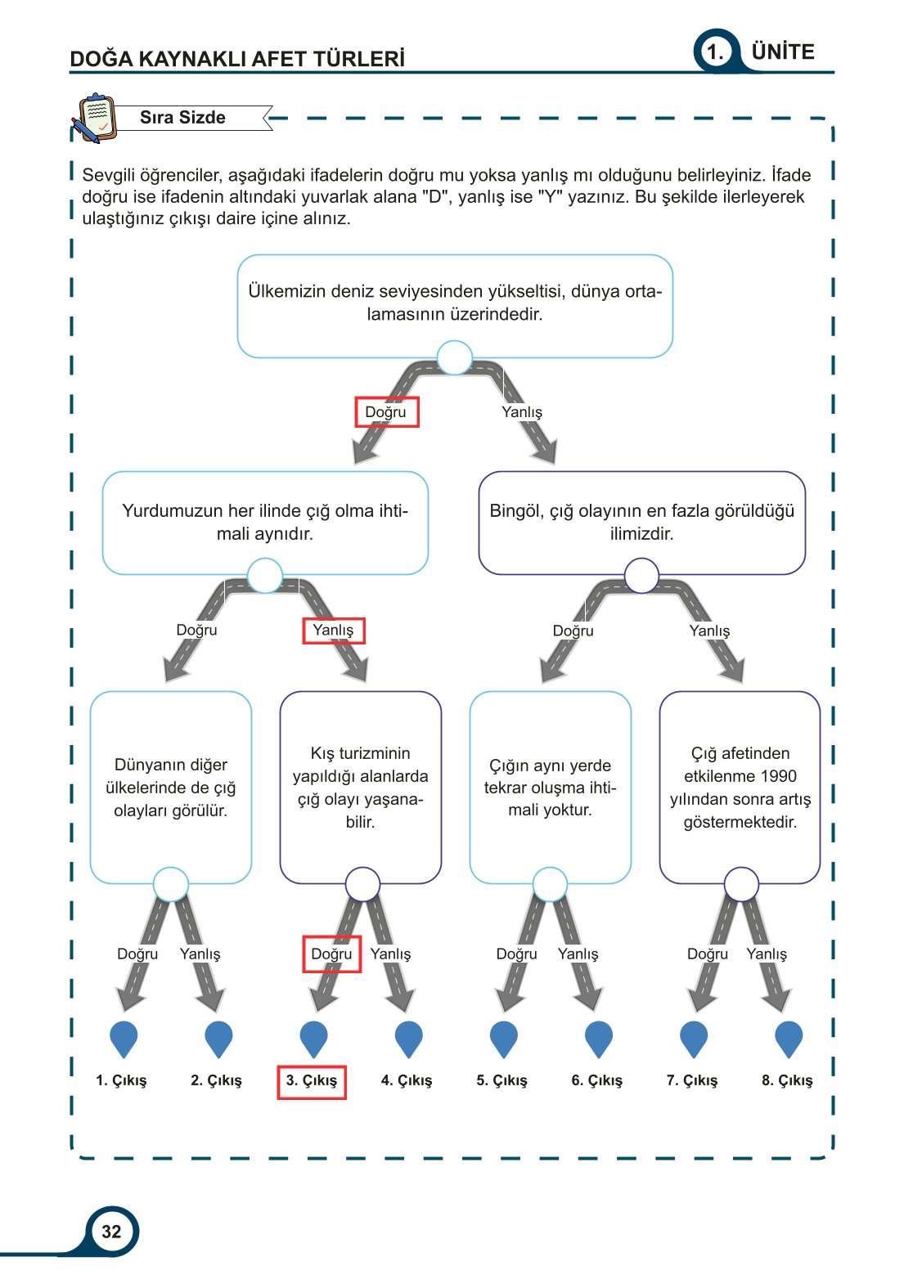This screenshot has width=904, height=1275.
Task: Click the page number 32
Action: [x=111, y=1231]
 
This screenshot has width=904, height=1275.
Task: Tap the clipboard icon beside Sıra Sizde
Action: [x=95, y=118]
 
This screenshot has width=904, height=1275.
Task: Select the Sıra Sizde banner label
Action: [x=182, y=117]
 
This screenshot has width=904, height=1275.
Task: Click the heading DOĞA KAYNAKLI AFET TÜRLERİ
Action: [x=236, y=59]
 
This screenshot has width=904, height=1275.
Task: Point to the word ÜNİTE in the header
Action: [x=783, y=52]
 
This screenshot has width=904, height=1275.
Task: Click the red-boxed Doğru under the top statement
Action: [x=386, y=412]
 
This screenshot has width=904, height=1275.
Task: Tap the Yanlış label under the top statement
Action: [x=522, y=412]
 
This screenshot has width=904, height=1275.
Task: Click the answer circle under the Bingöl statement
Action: [x=641, y=576]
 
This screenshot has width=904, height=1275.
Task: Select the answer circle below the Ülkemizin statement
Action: [x=454, y=358]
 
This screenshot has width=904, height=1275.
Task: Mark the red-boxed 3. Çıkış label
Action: [x=312, y=1081]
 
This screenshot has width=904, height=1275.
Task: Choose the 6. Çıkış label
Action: [x=596, y=1080]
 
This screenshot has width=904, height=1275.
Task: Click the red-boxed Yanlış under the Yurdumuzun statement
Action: [x=333, y=631]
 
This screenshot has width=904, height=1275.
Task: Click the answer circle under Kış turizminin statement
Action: [x=362, y=884]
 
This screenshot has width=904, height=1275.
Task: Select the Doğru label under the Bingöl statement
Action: [x=573, y=631]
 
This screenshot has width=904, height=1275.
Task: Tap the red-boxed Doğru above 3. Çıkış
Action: [x=331, y=954]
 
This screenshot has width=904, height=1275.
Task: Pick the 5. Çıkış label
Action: [x=501, y=1080]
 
